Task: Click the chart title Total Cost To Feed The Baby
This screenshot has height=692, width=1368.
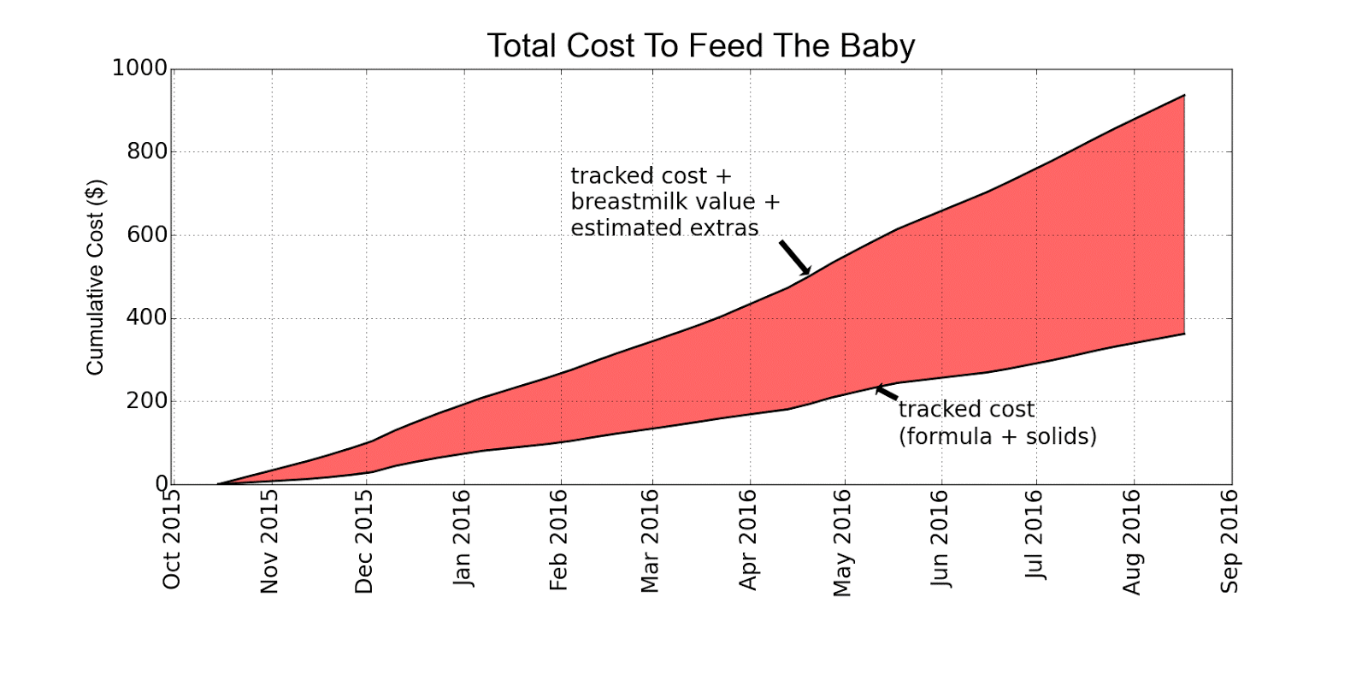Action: (x=700, y=45)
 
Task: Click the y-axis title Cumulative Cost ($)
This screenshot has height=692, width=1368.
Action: (x=95, y=277)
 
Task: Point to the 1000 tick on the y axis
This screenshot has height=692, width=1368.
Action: (x=140, y=68)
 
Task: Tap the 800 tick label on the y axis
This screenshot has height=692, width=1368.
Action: (x=147, y=152)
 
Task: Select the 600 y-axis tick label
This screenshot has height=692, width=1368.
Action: (x=147, y=235)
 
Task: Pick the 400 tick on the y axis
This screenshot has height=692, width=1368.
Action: (x=147, y=318)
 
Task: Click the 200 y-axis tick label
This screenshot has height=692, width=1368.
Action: (x=147, y=401)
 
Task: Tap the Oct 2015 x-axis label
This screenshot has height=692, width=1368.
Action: (x=172, y=538)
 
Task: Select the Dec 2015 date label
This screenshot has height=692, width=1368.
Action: (x=364, y=541)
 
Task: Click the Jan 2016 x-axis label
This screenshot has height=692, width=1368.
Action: (x=463, y=537)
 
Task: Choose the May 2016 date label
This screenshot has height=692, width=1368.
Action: (x=842, y=542)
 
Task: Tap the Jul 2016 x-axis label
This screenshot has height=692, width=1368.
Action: (x=1035, y=534)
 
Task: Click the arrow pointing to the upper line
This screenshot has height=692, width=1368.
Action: (x=794, y=257)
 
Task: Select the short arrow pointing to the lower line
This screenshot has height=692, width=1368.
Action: (x=887, y=393)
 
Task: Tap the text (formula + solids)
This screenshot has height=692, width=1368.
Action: (x=997, y=436)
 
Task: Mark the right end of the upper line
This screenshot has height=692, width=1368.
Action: (x=1184, y=96)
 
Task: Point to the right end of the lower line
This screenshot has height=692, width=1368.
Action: (x=1184, y=334)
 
